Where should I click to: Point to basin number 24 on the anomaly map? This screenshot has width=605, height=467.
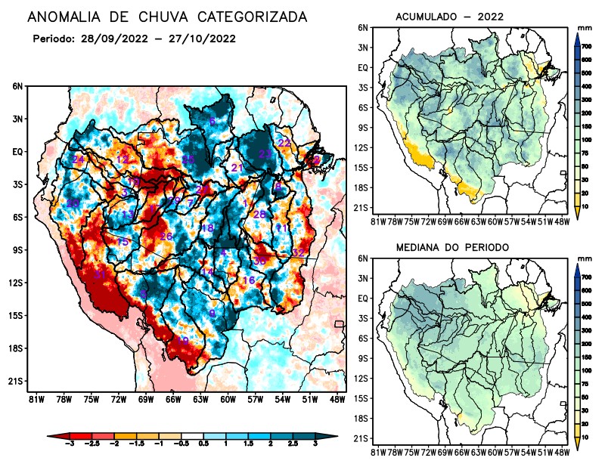click(x=79, y=159)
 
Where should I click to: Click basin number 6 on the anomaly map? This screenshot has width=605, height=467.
click(x=213, y=122)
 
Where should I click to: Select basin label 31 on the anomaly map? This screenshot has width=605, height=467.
click(x=100, y=274)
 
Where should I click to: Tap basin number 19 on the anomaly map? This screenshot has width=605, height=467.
click(x=182, y=341)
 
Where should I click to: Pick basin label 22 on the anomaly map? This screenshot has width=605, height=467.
click(x=284, y=143)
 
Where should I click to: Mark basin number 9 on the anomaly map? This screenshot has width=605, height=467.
click(x=213, y=313)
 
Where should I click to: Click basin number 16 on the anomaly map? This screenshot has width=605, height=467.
click(x=248, y=280)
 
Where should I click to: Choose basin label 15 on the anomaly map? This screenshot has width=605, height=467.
click(x=123, y=241)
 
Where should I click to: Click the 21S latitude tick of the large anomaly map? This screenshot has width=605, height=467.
click(x=17, y=382)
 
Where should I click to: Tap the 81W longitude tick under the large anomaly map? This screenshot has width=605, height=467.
click(x=35, y=398)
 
